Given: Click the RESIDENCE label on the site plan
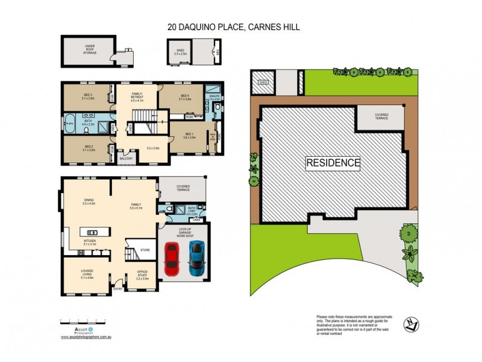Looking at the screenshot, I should click(x=333, y=162).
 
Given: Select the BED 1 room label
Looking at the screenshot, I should click(x=189, y=135).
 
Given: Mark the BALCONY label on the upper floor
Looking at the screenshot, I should click(x=127, y=159).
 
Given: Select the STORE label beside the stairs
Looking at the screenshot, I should click(x=145, y=249).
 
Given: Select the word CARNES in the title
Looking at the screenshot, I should click(x=266, y=27).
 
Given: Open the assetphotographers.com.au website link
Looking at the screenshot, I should click(x=87, y=337).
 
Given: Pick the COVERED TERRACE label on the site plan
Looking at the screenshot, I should click(x=381, y=115).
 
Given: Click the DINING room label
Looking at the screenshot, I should click(x=90, y=203).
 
